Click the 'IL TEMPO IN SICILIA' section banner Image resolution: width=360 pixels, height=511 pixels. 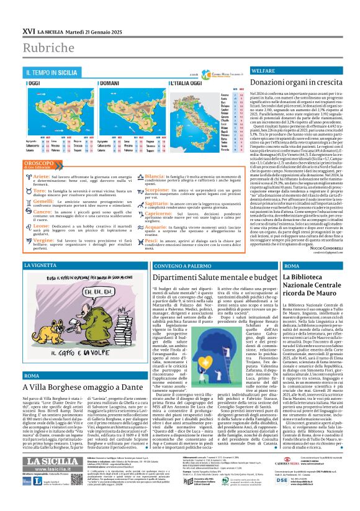pos(53,73)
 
